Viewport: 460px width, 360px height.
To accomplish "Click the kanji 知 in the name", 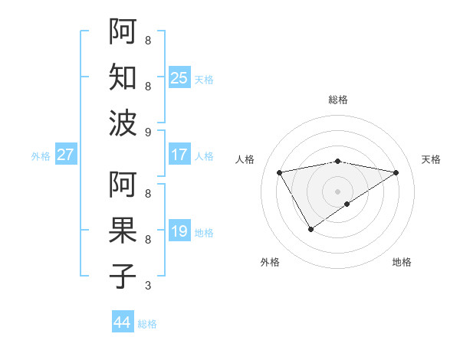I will (x=123, y=77).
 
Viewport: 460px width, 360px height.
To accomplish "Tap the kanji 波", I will (x=123, y=123).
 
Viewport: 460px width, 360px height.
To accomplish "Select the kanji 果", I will (x=123, y=231).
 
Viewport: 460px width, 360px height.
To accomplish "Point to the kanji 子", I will (x=123, y=277).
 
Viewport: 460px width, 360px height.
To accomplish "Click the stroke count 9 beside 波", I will (x=148, y=132).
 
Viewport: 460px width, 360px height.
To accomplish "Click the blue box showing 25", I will (x=179, y=77).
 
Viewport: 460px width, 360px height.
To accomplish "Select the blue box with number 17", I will (x=179, y=155).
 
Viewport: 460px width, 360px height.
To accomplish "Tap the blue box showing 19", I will (x=179, y=231).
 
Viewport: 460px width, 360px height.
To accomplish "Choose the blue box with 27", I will (x=66, y=155).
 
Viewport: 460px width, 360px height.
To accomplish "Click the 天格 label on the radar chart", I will (x=431, y=159).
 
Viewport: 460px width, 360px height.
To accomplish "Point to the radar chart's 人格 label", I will (x=245, y=159).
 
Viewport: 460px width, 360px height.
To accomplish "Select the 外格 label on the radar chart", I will (x=270, y=262).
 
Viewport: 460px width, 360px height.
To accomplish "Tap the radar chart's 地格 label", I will (x=402, y=262).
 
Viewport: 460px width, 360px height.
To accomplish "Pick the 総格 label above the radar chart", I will (x=337, y=100).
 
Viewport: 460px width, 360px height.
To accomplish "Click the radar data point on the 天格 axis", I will (x=396, y=172).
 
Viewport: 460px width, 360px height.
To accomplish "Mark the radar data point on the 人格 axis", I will (x=279, y=172).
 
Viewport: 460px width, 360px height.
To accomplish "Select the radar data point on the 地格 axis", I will (x=347, y=204).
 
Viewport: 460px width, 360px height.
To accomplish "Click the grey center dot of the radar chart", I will (x=337, y=191).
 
